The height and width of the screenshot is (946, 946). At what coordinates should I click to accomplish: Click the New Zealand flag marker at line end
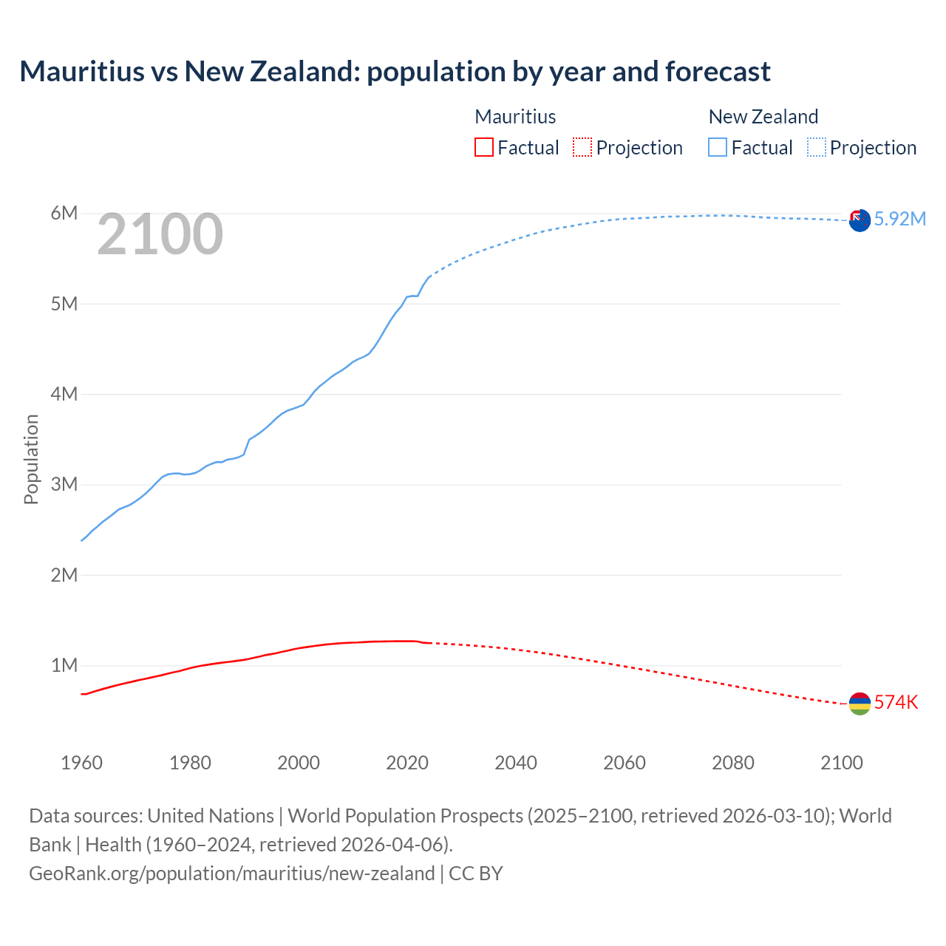click(x=860, y=220)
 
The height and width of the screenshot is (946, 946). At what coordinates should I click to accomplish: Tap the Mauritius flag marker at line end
click(x=860, y=704)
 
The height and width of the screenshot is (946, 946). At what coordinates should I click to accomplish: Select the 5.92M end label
click(x=899, y=219)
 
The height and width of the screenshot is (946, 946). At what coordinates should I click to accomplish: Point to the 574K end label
click(x=896, y=702)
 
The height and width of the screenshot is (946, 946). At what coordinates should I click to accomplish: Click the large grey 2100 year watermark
click(x=160, y=234)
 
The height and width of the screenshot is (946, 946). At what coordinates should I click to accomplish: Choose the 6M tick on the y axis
click(x=64, y=214)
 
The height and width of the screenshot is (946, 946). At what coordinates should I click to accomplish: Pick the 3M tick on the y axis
click(x=64, y=485)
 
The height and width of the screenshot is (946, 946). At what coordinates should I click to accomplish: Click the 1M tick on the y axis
click(x=64, y=665)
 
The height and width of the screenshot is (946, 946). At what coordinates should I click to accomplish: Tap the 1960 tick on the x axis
click(x=81, y=763)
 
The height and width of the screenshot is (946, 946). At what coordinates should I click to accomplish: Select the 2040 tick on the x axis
click(x=516, y=763)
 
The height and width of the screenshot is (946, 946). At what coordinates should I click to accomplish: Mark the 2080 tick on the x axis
click(x=733, y=763)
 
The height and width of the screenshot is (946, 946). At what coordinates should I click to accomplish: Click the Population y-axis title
click(x=31, y=459)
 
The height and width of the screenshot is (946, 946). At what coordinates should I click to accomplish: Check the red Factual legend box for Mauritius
click(x=483, y=147)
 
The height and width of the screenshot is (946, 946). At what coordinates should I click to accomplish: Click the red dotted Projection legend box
click(x=582, y=147)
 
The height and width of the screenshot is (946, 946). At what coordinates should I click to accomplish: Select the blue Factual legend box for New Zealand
click(x=717, y=147)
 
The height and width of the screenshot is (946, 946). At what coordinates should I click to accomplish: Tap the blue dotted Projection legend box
click(x=816, y=147)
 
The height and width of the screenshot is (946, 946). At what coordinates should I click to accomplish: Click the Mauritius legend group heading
click(x=515, y=117)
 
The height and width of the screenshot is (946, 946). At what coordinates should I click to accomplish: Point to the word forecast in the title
click(x=718, y=72)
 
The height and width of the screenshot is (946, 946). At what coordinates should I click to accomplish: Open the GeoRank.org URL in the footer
click(x=231, y=874)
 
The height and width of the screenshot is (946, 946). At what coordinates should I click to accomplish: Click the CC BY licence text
click(x=476, y=874)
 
